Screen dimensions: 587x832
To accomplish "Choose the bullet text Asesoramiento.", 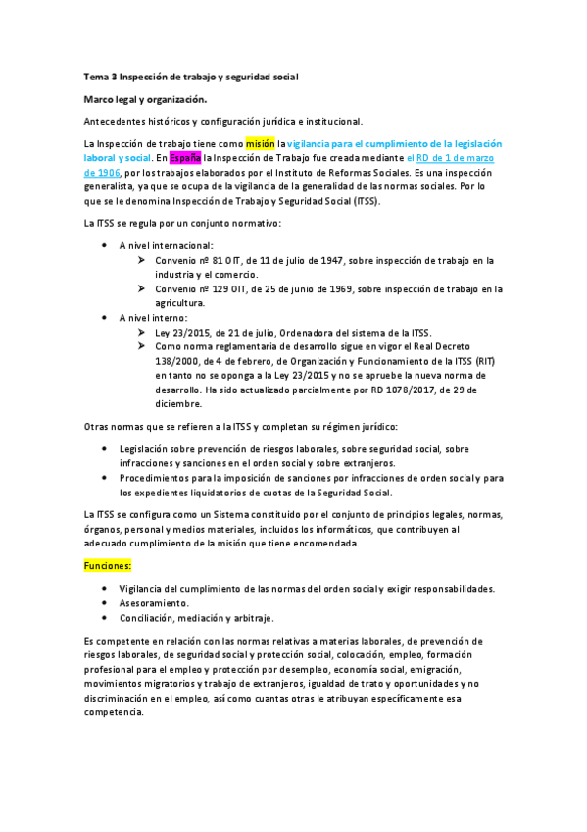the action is click(154, 602).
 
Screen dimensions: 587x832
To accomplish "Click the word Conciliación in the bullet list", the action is click(150, 618).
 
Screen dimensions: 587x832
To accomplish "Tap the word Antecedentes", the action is click(119, 121).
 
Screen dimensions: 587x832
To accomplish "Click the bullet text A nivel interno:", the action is click(153, 318).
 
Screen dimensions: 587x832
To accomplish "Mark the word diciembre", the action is click(177, 403).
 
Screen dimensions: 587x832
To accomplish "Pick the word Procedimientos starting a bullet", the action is click(158, 478).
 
